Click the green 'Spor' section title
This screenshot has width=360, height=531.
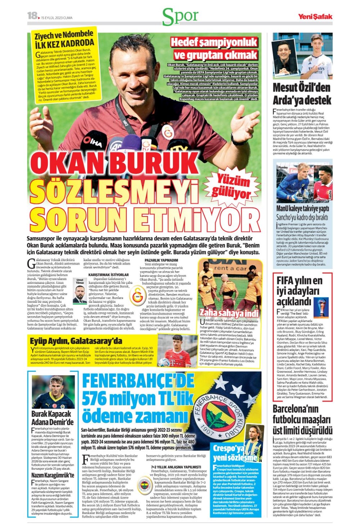tap(180, 16)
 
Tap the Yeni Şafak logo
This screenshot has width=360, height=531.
tap(315, 16)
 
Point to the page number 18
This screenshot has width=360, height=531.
tap(32, 15)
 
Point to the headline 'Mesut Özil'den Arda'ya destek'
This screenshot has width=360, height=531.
tap(302, 94)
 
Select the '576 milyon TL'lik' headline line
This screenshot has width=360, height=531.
tap(139, 399)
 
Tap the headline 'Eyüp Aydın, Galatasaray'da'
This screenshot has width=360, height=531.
tap(76, 341)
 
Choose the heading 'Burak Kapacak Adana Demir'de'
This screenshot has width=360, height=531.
tap(52, 418)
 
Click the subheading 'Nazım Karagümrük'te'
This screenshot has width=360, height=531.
tap(53, 475)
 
